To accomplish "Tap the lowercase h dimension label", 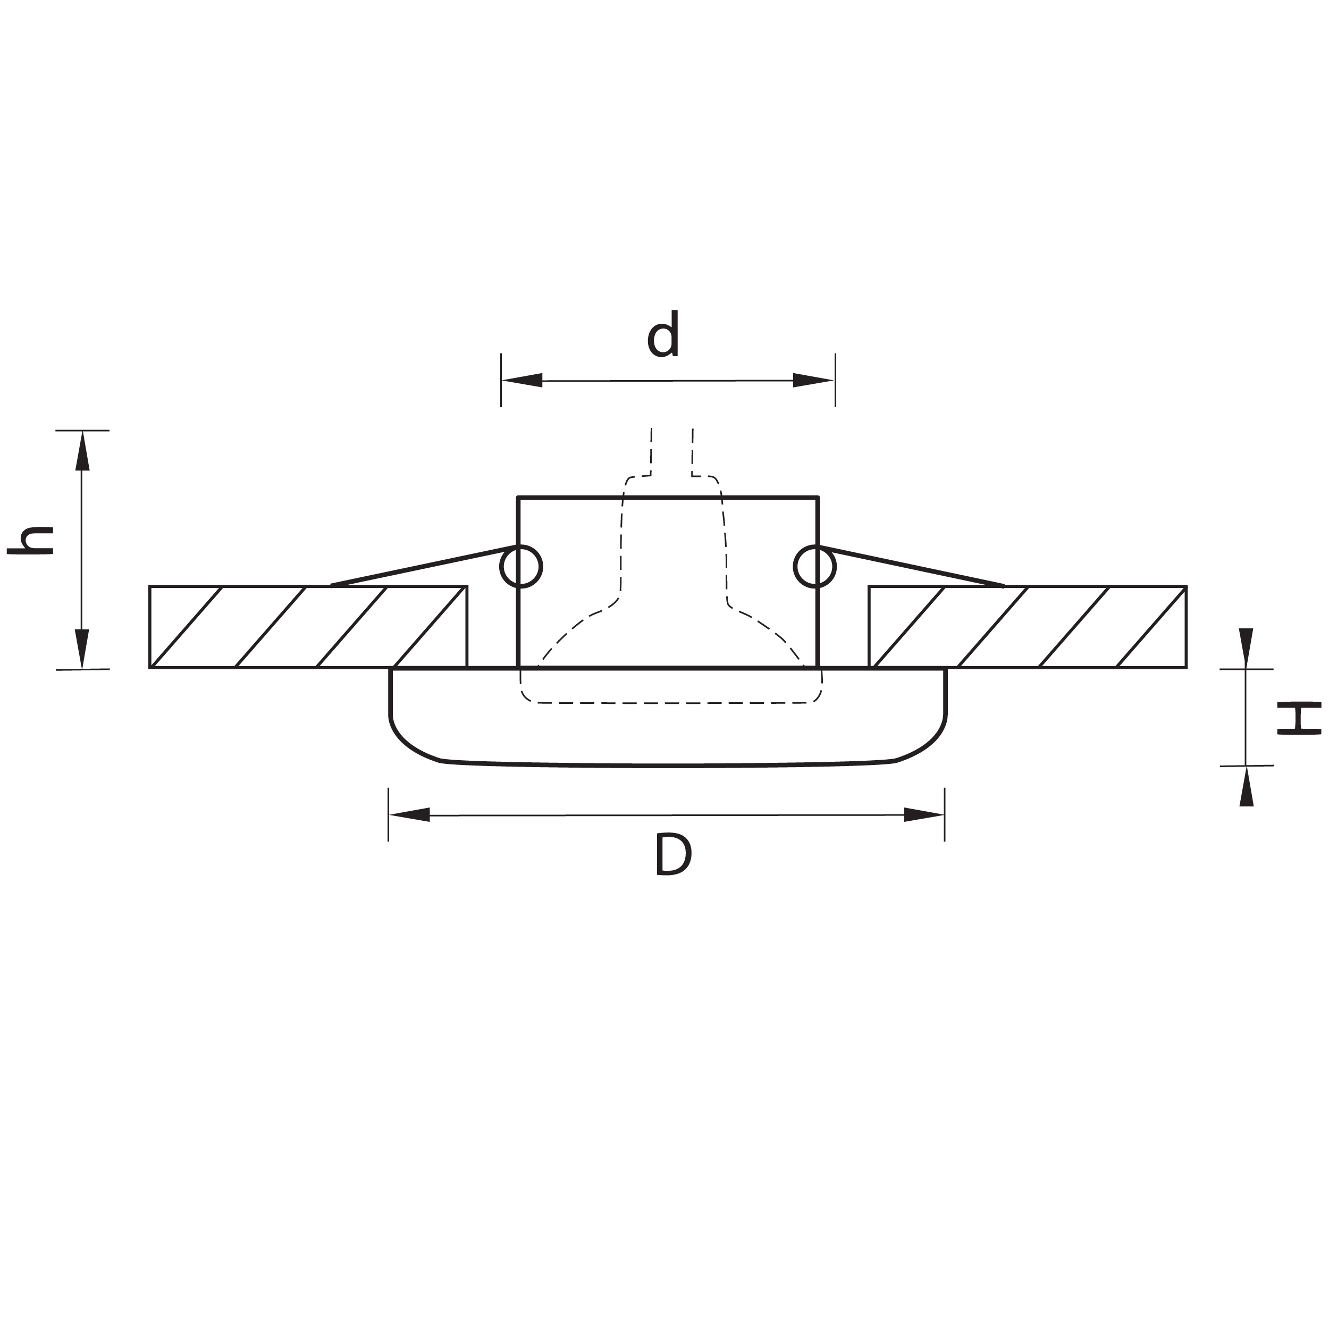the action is (x=30, y=540).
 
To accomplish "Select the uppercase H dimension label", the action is (x=1299, y=718).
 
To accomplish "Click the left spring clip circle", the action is (x=521, y=567).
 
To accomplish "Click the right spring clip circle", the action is (x=814, y=567).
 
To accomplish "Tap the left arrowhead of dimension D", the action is (x=410, y=815).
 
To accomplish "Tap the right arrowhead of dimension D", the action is (x=924, y=815).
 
